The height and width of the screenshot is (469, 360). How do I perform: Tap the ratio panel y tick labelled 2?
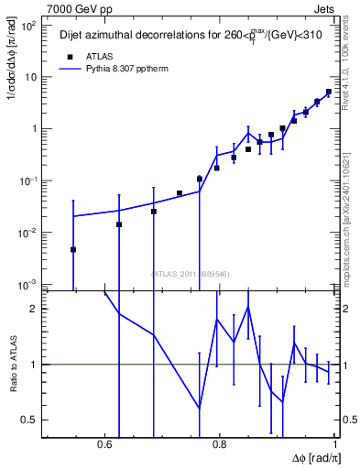click(36, 309)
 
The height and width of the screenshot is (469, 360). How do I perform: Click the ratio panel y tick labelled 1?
click(36, 365)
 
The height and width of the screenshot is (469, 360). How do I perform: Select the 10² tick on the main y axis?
click(29, 26)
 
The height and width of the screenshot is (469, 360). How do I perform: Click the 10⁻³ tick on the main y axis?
click(29, 285)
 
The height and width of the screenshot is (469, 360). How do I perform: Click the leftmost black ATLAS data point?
click(73, 249)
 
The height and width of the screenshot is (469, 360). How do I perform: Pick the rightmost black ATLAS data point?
click(329, 92)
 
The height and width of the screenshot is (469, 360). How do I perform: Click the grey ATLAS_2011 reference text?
click(189, 273)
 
